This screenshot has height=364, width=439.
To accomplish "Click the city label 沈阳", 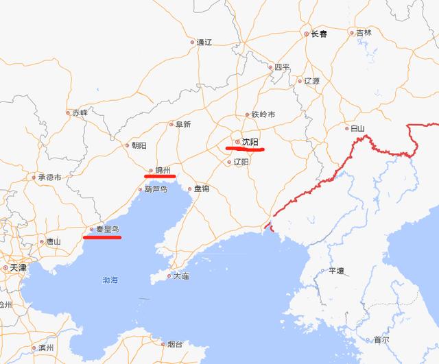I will [x=250, y=142].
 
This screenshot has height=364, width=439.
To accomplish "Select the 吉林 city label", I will [x=363, y=32].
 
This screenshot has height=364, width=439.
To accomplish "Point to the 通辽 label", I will [x=204, y=42].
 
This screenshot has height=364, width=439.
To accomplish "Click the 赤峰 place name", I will [x=80, y=112].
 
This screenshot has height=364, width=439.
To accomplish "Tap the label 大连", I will [x=180, y=276].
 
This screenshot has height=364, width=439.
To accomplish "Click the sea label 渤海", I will [x=110, y=280].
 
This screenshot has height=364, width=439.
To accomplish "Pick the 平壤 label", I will [x=336, y=271].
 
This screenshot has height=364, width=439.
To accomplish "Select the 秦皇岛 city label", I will [x=106, y=230].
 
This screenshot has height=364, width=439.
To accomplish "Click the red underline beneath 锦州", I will [x=160, y=175].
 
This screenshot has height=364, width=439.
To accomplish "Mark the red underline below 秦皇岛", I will [x=102, y=238].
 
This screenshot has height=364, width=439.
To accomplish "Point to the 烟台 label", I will [x=175, y=344].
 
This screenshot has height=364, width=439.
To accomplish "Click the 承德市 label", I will [x=50, y=177].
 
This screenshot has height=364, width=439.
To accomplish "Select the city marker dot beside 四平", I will [x=270, y=67].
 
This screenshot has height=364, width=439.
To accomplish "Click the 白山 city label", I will [x=357, y=128].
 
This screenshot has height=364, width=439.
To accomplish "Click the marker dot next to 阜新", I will [x=171, y=124].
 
